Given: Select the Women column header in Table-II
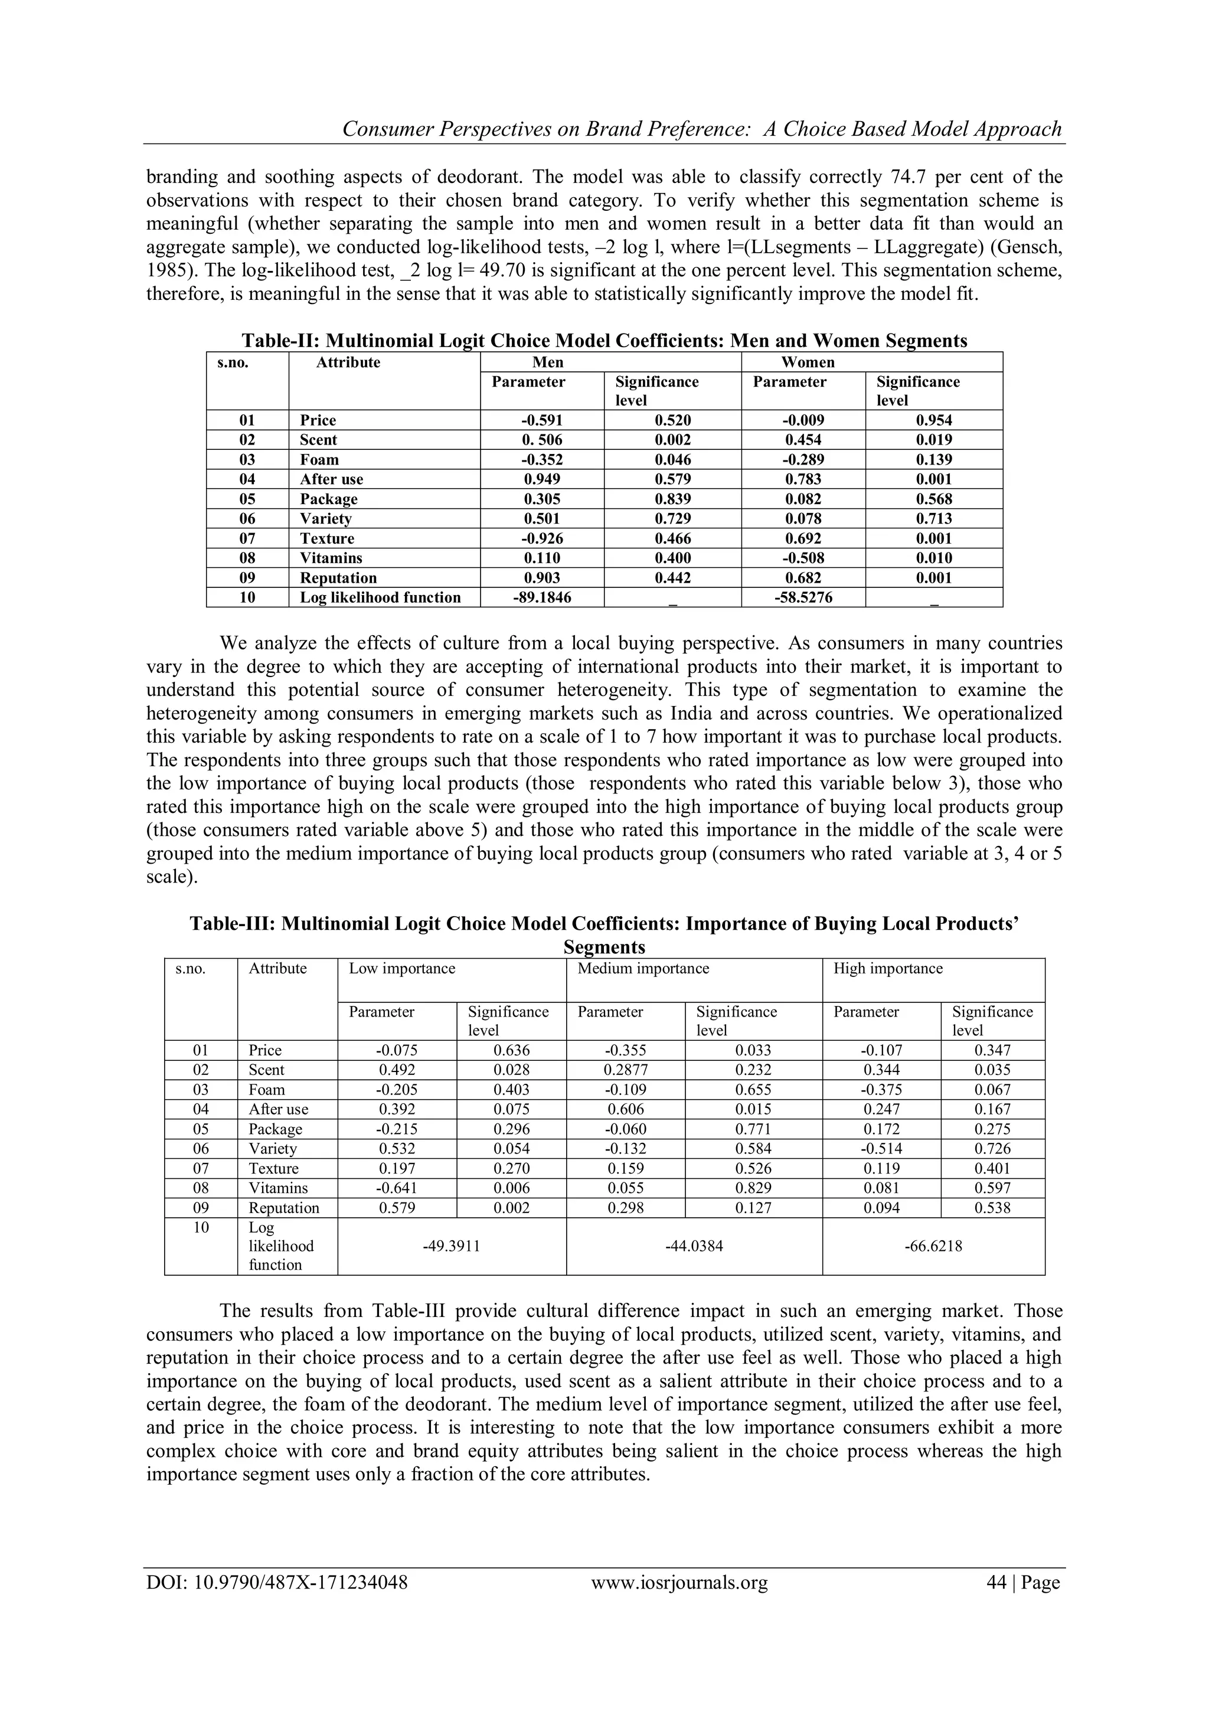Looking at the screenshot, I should [x=808, y=362].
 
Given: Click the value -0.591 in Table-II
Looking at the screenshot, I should [x=542, y=420].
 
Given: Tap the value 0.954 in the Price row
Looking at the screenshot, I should [x=933, y=420].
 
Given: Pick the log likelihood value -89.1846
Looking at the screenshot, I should [x=542, y=597].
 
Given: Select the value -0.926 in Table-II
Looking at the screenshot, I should [x=542, y=539].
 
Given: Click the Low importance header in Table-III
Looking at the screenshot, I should [x=402, y=968].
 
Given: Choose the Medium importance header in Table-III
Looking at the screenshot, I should [x=643, y=968].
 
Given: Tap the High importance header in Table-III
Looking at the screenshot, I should [x=887, y=968].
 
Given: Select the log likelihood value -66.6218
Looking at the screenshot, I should [x=933, y=1247].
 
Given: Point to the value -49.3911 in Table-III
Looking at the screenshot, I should [x=451, y=1247].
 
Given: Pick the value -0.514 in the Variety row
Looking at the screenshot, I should [x=881, y=1149].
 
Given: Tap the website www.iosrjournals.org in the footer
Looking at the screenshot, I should [x=679, y=1583].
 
